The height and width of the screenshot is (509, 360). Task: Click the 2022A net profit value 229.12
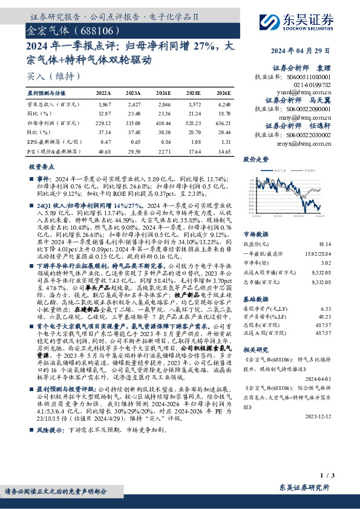(104, 123)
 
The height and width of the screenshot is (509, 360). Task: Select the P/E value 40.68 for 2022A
(104, 150)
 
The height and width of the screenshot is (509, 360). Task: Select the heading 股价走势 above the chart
(255, 160)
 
